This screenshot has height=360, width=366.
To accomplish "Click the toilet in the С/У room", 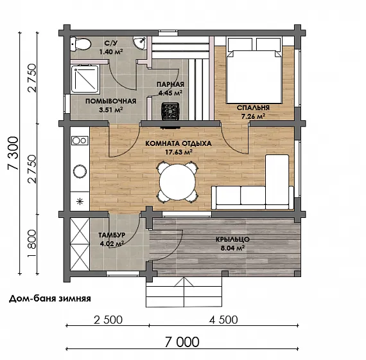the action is point(80,44).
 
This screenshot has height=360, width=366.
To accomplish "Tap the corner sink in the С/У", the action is point(141,42).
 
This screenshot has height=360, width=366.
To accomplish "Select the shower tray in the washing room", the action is point(85,79).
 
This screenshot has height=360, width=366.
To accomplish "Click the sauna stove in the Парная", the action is point(171,111).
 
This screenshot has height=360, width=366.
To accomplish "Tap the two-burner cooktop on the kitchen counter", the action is point(80,141).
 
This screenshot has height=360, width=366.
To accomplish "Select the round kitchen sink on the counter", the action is point(80,172).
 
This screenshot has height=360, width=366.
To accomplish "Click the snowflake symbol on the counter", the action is point(80,201).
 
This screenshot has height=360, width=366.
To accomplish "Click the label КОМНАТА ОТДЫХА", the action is point(179,143).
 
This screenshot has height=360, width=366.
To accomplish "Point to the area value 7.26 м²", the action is point(253,116).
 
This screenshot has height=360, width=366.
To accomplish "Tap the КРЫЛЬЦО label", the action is point(232,239).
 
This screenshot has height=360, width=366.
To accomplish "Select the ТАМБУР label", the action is point(112,235).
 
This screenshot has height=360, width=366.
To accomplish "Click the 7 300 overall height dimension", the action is point(13,153).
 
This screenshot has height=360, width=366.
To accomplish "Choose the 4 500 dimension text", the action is point(223,319).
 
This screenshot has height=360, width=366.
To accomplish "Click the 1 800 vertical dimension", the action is point(31,244).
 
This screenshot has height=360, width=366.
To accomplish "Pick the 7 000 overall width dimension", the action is point(182,342).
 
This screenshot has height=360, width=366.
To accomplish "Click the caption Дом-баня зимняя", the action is point(49,298).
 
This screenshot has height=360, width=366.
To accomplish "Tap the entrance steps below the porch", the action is point(184,292).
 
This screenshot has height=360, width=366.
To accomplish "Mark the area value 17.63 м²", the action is point(179,152).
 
